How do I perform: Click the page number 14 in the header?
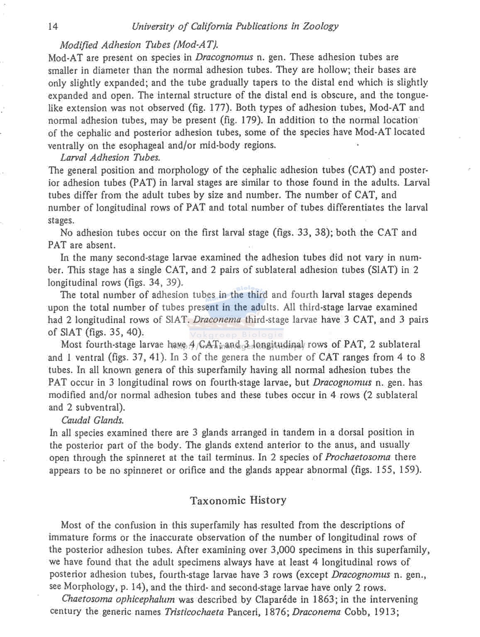pyautogui.click(x=53, y=27)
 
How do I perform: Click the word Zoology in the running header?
pyautogui.click(x=320, y=27)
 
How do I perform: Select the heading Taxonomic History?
pyautogui.click(x=238, y=500)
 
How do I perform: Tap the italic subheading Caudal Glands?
pyautogui.click(x=93, y=420)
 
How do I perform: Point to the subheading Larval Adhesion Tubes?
pyautogui.click(x=110, y=157)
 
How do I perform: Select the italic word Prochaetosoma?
pyautogui.click(x=358, y=457)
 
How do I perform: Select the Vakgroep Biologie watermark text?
pyautogui.click(x=236, y=335)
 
